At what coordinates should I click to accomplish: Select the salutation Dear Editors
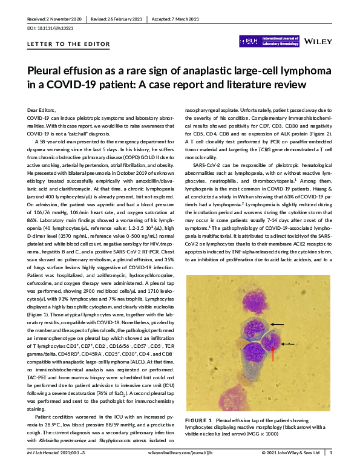(x=41, y=109)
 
